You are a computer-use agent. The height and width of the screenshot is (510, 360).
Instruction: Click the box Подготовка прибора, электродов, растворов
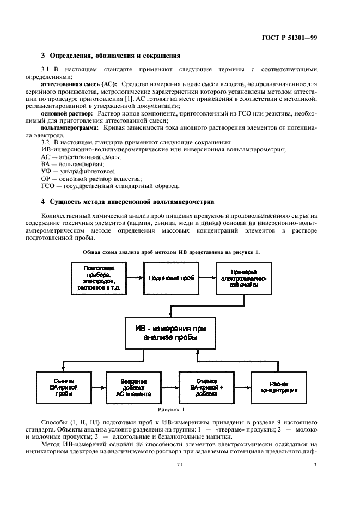(x=98, y=278)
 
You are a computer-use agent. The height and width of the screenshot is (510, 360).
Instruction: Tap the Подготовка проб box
(x=170, y=278)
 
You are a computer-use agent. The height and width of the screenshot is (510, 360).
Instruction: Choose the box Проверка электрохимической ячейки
(x=243, y=278)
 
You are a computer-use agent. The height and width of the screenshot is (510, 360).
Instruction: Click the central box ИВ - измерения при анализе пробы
(x=170, y=333)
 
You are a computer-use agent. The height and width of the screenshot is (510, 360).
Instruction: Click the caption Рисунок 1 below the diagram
(x=171, y=409)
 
